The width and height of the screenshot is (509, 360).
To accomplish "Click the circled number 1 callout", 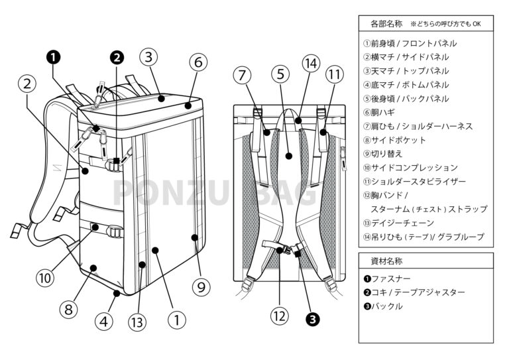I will pos(176,320).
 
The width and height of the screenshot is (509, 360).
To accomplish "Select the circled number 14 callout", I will pos(311,63).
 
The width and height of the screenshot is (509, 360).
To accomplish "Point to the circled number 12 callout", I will pos(280,316).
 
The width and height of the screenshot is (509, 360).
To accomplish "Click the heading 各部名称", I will pos(386,24).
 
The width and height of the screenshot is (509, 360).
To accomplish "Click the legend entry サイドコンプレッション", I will pos(410,168).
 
